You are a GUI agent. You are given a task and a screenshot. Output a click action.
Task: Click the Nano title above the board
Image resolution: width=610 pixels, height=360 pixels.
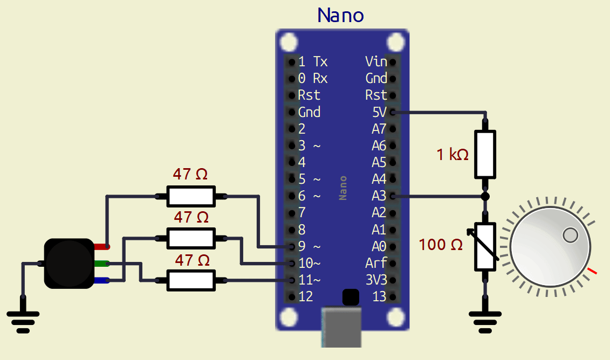coord(340,15)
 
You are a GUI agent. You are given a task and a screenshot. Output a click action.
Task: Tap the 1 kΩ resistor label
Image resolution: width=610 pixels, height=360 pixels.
coord(453,155)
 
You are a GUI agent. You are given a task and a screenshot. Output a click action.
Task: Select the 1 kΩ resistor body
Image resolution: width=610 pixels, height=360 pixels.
coord(484,154)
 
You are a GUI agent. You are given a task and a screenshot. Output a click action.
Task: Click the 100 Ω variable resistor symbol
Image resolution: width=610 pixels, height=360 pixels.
coord(484,247)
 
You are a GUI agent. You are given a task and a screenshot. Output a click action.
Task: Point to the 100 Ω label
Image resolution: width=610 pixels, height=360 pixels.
coord(441,245)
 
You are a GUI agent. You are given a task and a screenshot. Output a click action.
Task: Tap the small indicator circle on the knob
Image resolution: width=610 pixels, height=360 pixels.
coord(570,235)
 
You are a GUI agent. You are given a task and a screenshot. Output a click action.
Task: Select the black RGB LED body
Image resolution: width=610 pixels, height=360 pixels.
coord(68,264)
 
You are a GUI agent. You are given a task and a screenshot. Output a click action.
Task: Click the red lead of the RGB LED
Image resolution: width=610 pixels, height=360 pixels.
coord(102,247)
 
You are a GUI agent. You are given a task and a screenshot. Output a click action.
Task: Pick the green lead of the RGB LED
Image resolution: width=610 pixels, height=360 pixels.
coord(102,264)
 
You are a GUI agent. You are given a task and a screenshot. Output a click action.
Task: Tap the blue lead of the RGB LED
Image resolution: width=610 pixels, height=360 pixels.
coord(102,280)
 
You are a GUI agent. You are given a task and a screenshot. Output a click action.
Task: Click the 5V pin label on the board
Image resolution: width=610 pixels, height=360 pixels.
coord(379,112)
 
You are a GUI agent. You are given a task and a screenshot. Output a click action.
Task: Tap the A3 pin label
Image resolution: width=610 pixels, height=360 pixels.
coord(379,196)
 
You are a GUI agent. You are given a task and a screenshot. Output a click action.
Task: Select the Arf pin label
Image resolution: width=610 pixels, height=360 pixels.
coord(376,264)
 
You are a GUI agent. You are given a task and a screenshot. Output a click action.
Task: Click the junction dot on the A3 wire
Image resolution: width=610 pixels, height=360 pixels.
coord(484,196)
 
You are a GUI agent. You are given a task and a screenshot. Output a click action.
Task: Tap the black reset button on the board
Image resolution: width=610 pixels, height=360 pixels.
coord(350,296)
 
